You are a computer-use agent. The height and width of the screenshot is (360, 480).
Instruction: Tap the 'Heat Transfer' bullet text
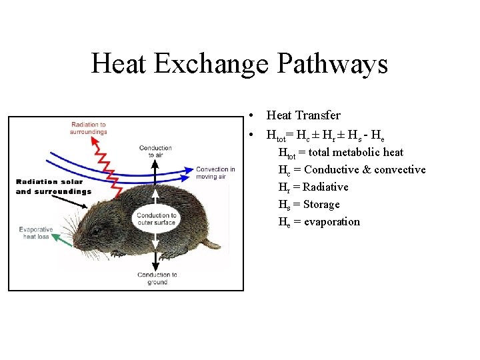click(303, 115)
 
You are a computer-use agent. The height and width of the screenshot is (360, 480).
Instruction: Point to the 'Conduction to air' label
click(155, 151)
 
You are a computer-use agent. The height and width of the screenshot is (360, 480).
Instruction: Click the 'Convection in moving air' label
click(215, 173)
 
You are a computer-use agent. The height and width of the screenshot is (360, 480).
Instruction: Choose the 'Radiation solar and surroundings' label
click(53, 187)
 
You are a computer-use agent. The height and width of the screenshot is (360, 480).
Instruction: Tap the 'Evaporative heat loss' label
click(37, 233)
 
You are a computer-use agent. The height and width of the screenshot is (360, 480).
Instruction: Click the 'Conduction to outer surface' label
click(156, 219)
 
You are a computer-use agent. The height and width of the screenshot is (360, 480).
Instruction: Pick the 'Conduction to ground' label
click(157, 278)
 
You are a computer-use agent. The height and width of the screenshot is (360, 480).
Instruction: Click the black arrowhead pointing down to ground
click(156, 265)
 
